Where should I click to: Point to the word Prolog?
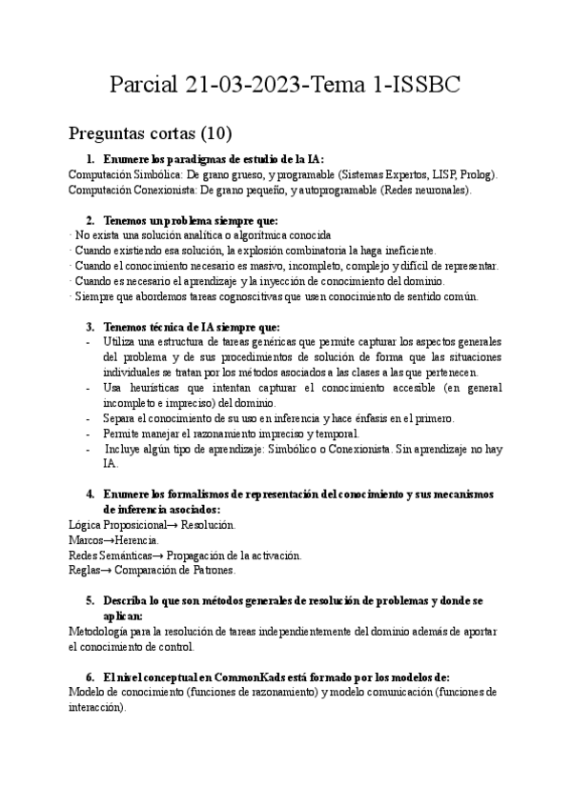click(x=475, y=174)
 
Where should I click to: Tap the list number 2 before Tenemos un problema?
click(x=90, y=220)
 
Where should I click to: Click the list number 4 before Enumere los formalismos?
click(x=90, y=494)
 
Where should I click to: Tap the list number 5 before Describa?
click(x=90, y=600)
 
